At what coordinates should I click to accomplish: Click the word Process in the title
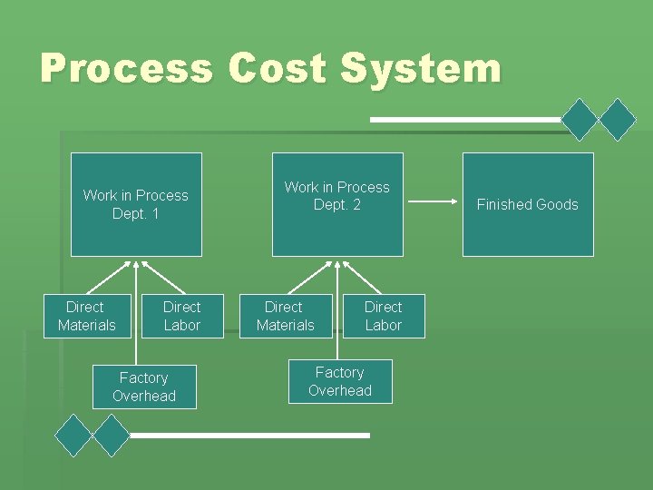[x=126, y=69]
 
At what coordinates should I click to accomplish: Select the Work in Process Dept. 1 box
[x=136, y=204]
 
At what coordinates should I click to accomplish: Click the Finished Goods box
[x=528, y=204]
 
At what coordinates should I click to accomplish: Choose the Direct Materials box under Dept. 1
[x=87, y=316]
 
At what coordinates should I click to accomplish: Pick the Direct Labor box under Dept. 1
[x=182, y=316]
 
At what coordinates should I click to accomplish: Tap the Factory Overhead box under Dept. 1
[x=144, y=387]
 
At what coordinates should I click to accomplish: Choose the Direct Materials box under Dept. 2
[x=285, y=316]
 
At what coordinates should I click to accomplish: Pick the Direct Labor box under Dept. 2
[x=384, y=316]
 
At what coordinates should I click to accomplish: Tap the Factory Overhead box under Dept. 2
[x=340, y=381]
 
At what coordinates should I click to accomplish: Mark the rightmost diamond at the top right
[x=619, y=119]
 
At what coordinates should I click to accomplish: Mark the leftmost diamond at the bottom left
[x=73, y=436]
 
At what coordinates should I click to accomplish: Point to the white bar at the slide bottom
[x=249, y=436]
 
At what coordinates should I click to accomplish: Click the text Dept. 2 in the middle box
[x=337, y=205]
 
